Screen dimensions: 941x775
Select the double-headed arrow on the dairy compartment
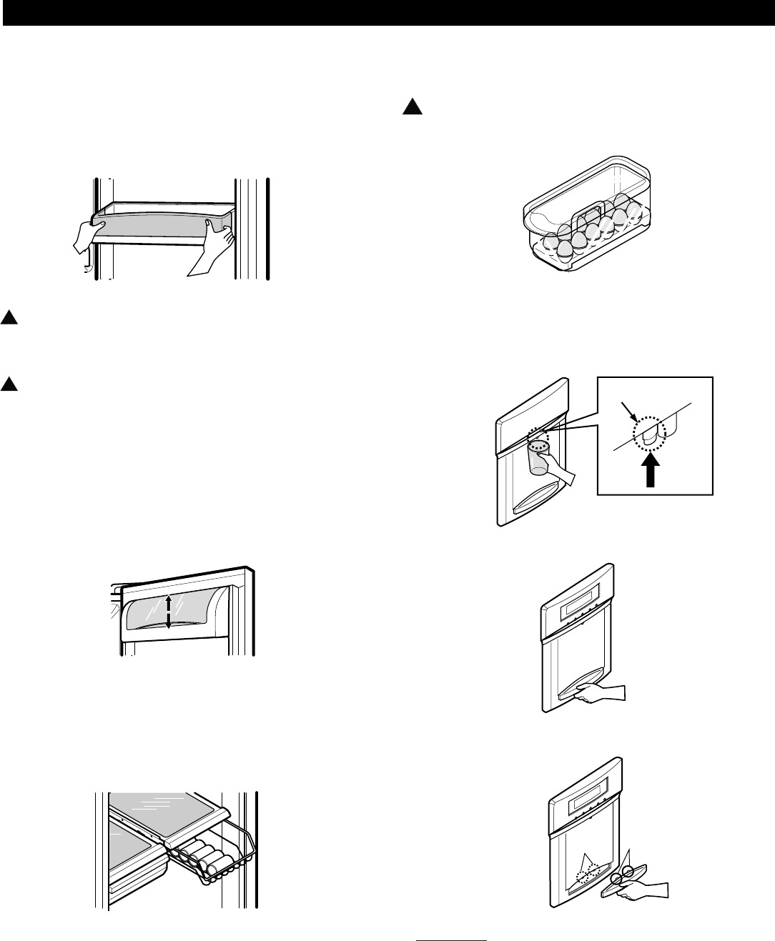(x=168, y=612)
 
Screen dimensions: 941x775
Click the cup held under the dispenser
(x=538, y=458)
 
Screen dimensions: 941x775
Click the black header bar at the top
(x=387, y=14)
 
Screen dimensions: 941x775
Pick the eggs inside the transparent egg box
(x=587, y=232)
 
